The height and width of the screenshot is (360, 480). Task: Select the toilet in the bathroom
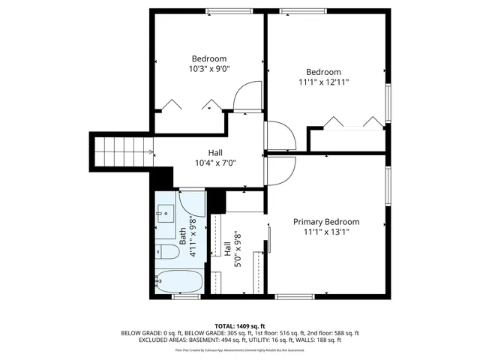coord(165,253)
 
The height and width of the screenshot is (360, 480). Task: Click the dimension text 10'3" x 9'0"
coord(209,69)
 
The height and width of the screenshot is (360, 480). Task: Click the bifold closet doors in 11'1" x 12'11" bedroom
coord(350,123)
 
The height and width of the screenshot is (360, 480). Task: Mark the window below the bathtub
coord(182,298)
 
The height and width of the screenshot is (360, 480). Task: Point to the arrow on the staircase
coord(151,153)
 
